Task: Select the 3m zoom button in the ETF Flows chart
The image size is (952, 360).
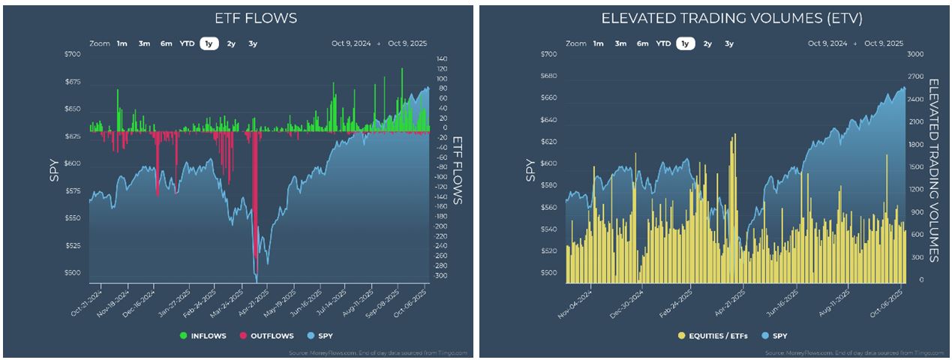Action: pos(144,43)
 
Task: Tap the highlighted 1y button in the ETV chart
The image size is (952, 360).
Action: pos(684,43)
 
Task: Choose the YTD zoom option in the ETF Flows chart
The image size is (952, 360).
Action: pos(187,43)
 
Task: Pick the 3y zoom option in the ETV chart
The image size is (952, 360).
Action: pos(729,43)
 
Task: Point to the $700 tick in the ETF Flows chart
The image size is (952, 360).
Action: pos(73,55)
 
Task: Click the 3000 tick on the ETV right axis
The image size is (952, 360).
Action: pos(917,55)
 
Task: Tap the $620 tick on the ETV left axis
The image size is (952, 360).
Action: pos(549,142)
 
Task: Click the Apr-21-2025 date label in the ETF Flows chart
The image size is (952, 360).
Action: pos(260,301)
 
